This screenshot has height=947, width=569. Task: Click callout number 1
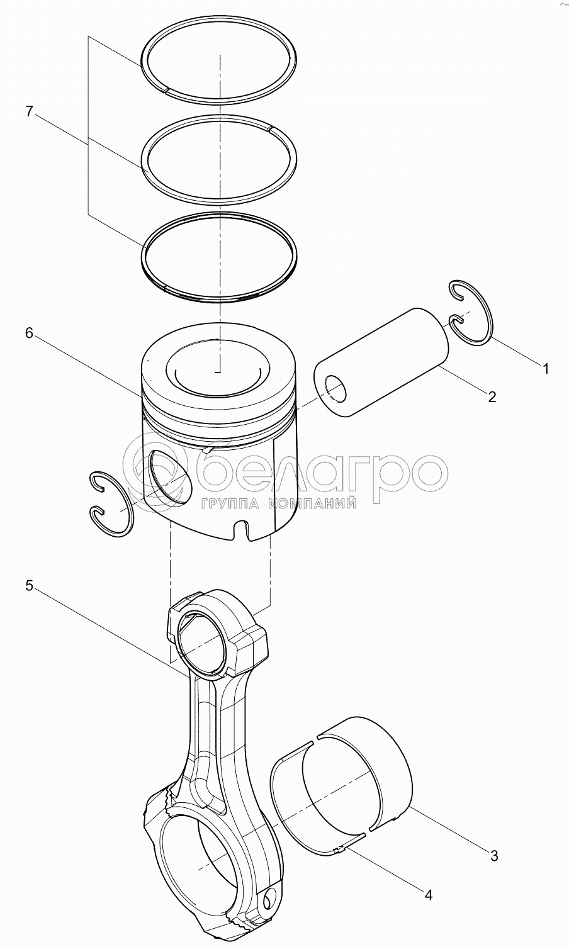click(546, 369)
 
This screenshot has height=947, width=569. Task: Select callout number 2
click(492, 396)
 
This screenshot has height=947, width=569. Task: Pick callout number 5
click(29, 586)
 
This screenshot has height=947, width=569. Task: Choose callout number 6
click(29, 333)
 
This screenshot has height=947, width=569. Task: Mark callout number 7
click(29, 111)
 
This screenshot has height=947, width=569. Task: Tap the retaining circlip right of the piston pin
click(470, 313)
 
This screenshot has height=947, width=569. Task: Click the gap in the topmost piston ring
click(167, 89)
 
